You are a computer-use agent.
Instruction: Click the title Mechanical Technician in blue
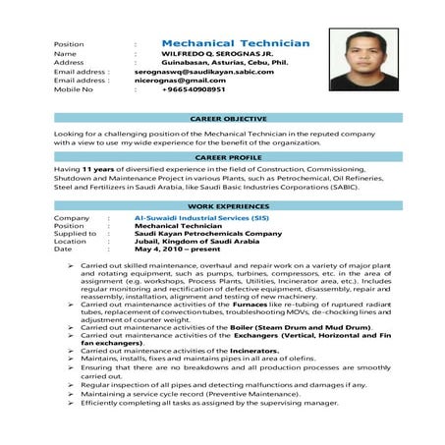(235, 43)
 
